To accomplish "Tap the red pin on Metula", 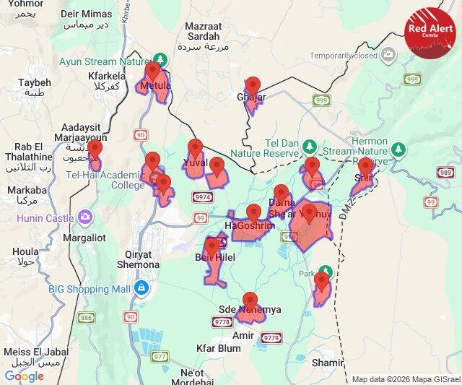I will pyautogui.click(x=153, y=72).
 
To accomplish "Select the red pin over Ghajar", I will pyautogui.click(x=253, y=87).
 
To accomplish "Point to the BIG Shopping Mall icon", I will pyautogui.click(x=142, y=289).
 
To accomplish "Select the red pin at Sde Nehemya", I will pyautogui.click(x=250, y=300).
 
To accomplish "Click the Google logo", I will pyautogui.click(x=24, y=376).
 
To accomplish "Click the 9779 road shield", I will pyautogui.click(x=271, y=337).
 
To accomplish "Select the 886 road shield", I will pyautogui.click(x=87, y=318).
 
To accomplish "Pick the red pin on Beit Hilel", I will pyautogui.click(x=212, y=247).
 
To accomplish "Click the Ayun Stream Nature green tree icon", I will pyautogui.click(x=162, y=60).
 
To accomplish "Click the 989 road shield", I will pyautogui.click(x=445, y=173).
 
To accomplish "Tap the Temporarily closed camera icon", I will pyautogui.click(x=388, y=55).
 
